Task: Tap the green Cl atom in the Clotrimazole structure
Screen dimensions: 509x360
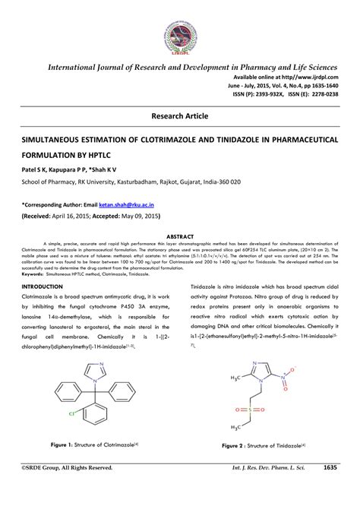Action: tap(72, 414)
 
